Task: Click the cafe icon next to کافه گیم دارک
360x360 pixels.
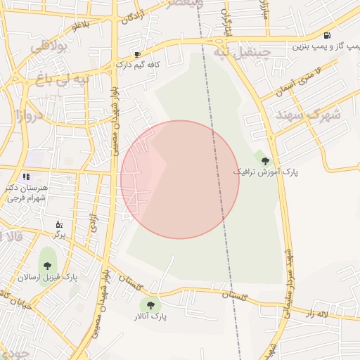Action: pyautogui.click(x=138, y=54)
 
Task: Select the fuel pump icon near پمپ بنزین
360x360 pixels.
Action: pyautogui.click(x=327, y=35)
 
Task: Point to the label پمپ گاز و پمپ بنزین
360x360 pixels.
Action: pyautogui.click(x=321, y=46)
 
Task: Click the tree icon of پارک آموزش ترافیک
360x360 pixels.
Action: pyautogui.click(x=265, y=161)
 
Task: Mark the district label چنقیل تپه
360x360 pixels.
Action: pyautogui.click(x=241, y=53)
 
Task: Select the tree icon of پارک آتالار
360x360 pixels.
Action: pyautogui.click(x=148, y=304)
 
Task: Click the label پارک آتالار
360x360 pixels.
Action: pyautogui.click(x=151, y=317)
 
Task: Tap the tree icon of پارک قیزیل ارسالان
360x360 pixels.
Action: pyautogui.click(x=47, y=266)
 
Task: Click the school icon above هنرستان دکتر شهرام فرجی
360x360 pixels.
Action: pyautogui.click(x=26, y=177)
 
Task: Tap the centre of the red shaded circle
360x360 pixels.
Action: pyautogui.click(x=180, y=179)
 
